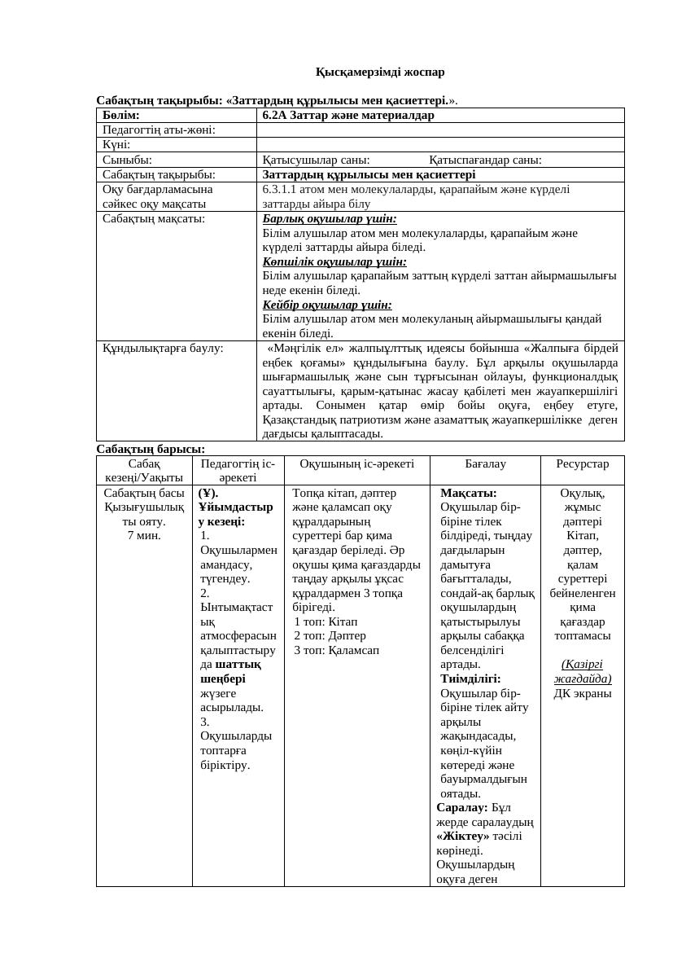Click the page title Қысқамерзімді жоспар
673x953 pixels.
pyautogui.click(x=380, y=72)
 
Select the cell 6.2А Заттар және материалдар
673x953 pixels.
pyautogui.click(x=348, y=115)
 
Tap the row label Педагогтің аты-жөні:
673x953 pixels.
pyautogui.click(x=159, y=130)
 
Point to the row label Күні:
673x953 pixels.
pyautogui.click(x=116, y=144)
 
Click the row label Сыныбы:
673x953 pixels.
pyautogui.click(x=128, y=160)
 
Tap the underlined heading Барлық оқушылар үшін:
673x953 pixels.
pyautogui.click(x=330, y=219)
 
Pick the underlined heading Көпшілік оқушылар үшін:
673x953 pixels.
pyautogui.click(x=334, y=261)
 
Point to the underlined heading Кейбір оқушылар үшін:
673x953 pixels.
pyautogui.click(x=327, y=305)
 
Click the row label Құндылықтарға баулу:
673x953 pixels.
pyautogui.click(x=163, y=348)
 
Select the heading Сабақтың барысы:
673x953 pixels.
pyautogui.click(x=151, y=449)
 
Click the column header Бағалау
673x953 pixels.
pyautogui.click(x=485, y=463)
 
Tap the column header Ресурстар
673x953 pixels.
pyautogui.click(x=582, y=463)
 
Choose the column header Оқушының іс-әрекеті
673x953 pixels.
pyautogui.click(x=356, y=463)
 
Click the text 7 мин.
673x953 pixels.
pyautogui.click(x=144, y=535)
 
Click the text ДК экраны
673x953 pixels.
pyautogui.click(x=582, y=693)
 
